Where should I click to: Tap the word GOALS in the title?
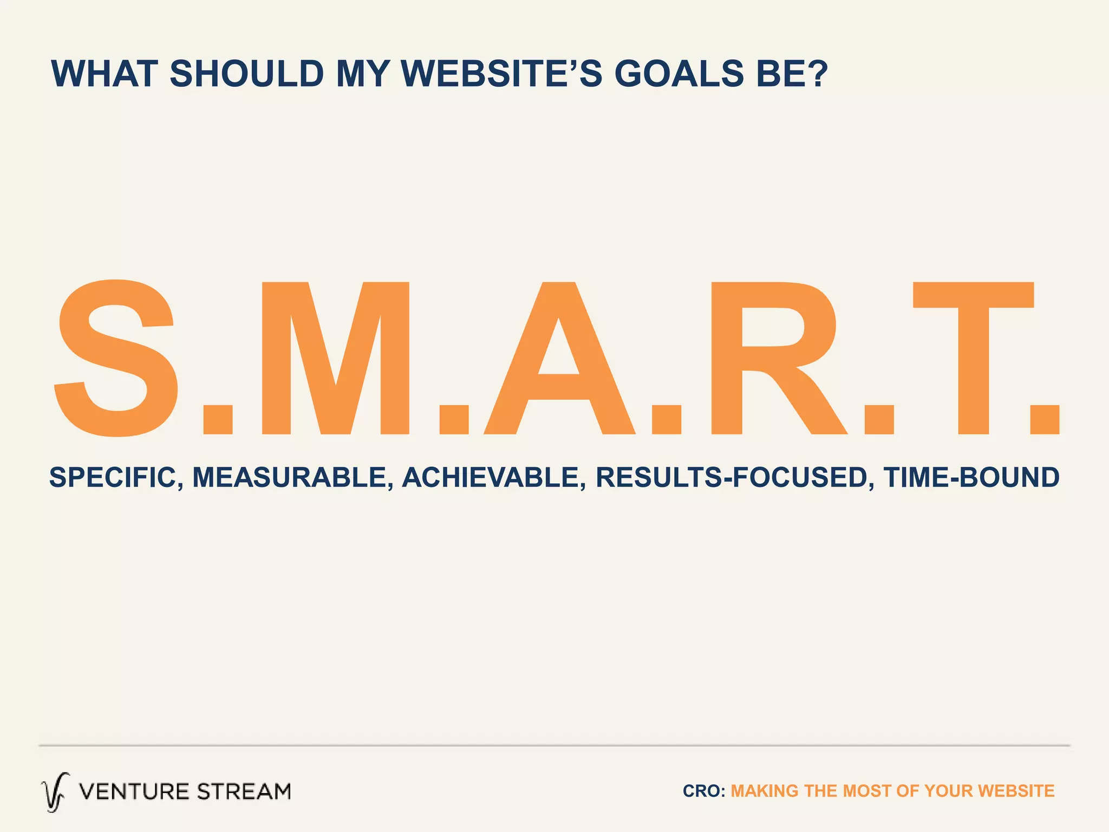point(679,74)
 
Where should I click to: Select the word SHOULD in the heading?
point(247,74)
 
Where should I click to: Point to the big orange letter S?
point(116,357)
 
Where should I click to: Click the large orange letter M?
point(335,357)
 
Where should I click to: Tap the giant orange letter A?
point(559,357)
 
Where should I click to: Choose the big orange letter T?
point(973,357)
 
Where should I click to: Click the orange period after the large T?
point(1045,419)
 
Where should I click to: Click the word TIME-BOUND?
point(971,478)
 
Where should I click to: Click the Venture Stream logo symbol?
point(55,792)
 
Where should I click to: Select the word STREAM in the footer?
point(244,792)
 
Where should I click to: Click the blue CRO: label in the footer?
point(703,791)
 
